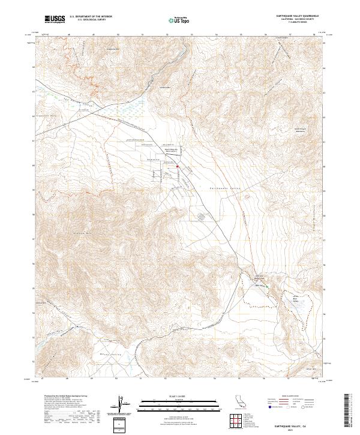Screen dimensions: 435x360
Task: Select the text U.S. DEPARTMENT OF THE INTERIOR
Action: coord(91,17)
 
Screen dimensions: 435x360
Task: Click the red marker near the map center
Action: coord(178,166)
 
